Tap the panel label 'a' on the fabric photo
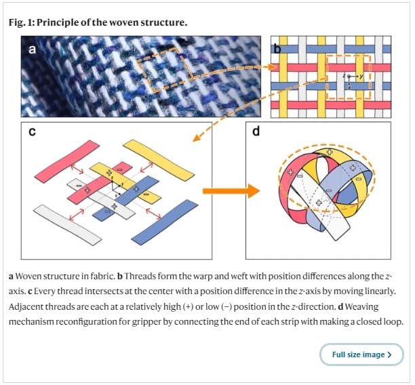point(32,49)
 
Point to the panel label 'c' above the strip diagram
point(32,131)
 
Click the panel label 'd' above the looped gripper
point(256,131)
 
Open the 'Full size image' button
point(361,354)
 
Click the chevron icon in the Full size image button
point(389,354)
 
